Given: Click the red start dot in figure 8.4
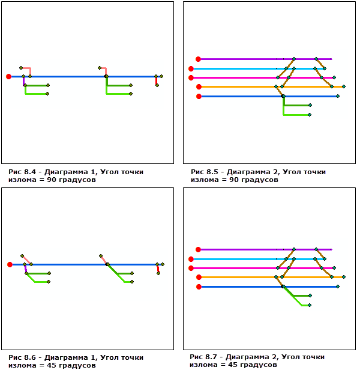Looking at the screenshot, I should pyautogui.click(x=8, y=76).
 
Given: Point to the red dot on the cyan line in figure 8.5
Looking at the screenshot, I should pyautogui.click(x=191, y=68).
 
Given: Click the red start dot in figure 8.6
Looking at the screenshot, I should pyautogui.click(x=10, y=264).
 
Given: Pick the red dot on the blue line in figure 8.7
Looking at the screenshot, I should pyautogui.click(x=199, y=287).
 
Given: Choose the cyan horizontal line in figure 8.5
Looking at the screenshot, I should pyautogui.click(x=240, y=68).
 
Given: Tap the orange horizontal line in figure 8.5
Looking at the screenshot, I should pyautogui.click(x=240, y=87).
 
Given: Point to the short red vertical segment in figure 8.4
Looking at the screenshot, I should pyautogui.click(x=156, y=80).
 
